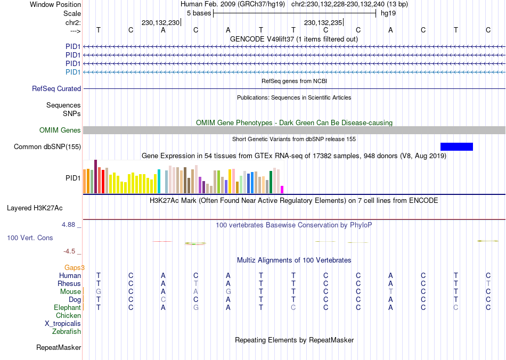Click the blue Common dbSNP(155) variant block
coord(456,146)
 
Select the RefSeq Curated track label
coord(56,89)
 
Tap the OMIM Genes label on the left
coord(60,130)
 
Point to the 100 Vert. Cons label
coord(30,238)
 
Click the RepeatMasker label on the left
coord(59,348)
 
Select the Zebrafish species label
coord(67,332)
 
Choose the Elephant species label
coord(67,308)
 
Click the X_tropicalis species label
coord(63,324)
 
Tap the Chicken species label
coord(68,316)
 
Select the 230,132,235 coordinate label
coord(323,23)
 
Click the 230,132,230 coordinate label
coord(160,23)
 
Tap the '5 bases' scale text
coord(199,13)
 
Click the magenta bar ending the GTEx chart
coord(282,190)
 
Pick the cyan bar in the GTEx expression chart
coord(159,181)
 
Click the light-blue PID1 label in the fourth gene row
coord(73,72)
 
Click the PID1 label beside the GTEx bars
coord(73,177)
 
